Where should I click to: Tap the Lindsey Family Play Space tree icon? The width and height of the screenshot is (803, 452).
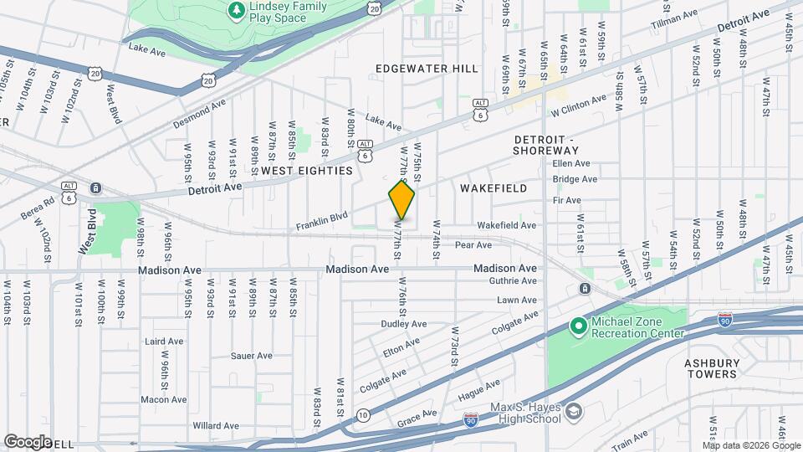pos(238,9)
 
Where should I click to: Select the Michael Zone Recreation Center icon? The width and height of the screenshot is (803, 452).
pos(577,325)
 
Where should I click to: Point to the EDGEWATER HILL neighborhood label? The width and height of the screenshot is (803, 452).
pos(427,69)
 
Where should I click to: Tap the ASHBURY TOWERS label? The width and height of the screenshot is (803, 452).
pos(711,368)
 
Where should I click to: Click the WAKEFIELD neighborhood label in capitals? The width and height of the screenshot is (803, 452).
pos(494,188)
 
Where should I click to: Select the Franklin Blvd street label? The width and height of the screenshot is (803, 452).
pos(321,222)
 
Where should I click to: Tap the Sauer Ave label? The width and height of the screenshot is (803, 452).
pos(252,356)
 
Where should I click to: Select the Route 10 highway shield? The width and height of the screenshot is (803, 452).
pos(362,414)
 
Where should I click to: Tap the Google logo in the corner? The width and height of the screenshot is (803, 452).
pos(28,441)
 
